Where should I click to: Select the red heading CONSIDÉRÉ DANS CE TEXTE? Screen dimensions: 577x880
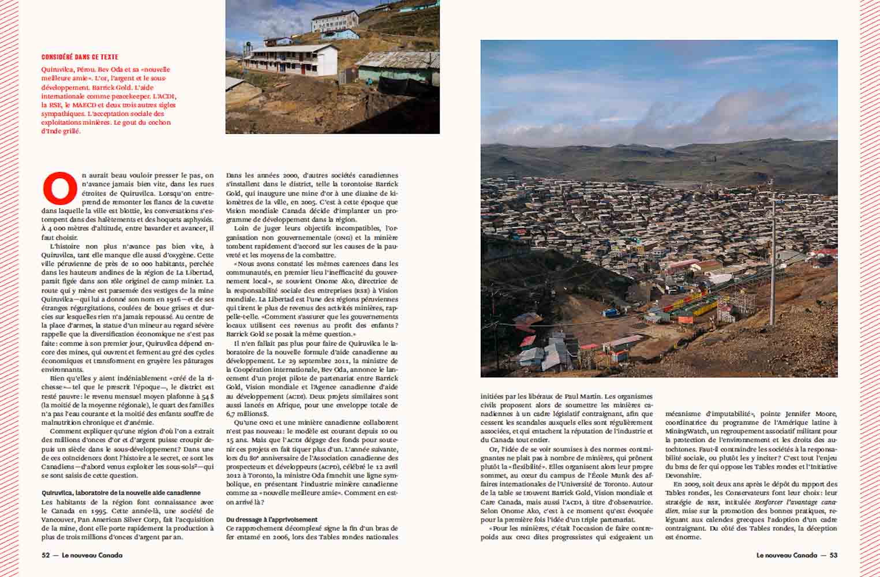click(80, 57)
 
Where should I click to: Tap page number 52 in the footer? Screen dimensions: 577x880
click(46, 555)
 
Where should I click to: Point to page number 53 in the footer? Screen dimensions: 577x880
click(833, 555)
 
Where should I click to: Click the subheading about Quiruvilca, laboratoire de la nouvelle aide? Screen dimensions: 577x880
click(121, 493)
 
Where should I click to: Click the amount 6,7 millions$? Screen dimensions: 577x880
click(248, 414)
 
